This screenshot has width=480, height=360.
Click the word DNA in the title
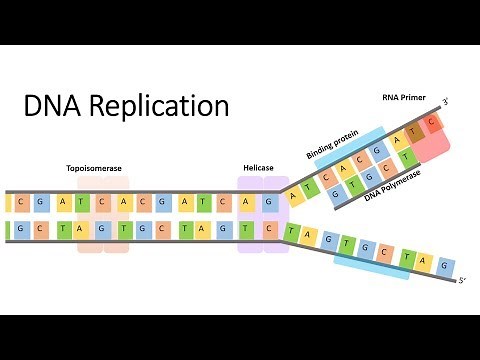pos(52,106)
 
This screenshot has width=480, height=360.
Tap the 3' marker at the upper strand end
pos(446,102)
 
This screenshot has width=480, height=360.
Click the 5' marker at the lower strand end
pos(461,281)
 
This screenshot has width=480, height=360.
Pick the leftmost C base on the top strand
pos(22,202)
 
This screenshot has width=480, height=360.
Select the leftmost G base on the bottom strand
pos(22,229)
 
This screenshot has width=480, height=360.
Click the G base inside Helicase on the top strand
pos(267,202)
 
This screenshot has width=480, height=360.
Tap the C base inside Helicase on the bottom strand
pos(267,229)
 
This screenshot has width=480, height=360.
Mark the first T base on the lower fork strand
pos(292,235)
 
